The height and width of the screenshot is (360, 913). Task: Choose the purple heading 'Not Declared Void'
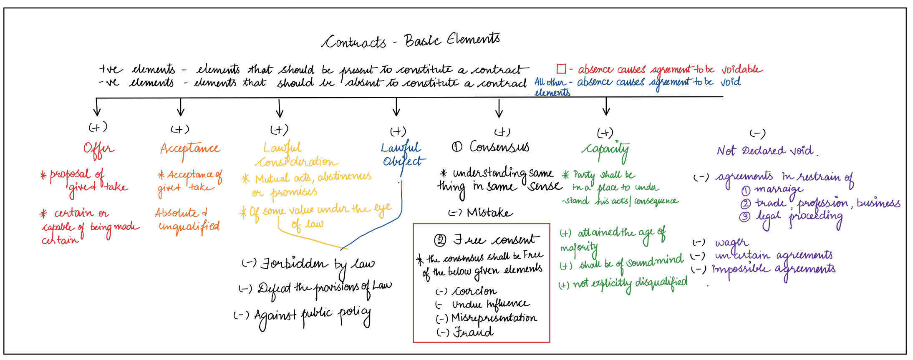[766, 151]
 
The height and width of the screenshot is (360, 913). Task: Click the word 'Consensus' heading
[499, 147]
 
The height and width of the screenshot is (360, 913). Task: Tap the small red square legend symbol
[561, 69]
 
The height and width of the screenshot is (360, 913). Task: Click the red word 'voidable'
[742, 69]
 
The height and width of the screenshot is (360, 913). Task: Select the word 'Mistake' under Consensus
[489, 213]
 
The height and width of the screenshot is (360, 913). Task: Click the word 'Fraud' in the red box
[473, 332]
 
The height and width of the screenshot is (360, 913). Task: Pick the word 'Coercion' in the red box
[474, 291]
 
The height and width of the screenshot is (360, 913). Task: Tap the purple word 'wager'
[731, 243]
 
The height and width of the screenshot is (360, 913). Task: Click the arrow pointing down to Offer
[97, 108]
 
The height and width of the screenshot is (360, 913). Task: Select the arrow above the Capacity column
[606, 106]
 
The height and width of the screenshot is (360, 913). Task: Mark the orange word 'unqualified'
[189, 227]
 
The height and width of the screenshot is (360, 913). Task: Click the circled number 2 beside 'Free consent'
[440, 240]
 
